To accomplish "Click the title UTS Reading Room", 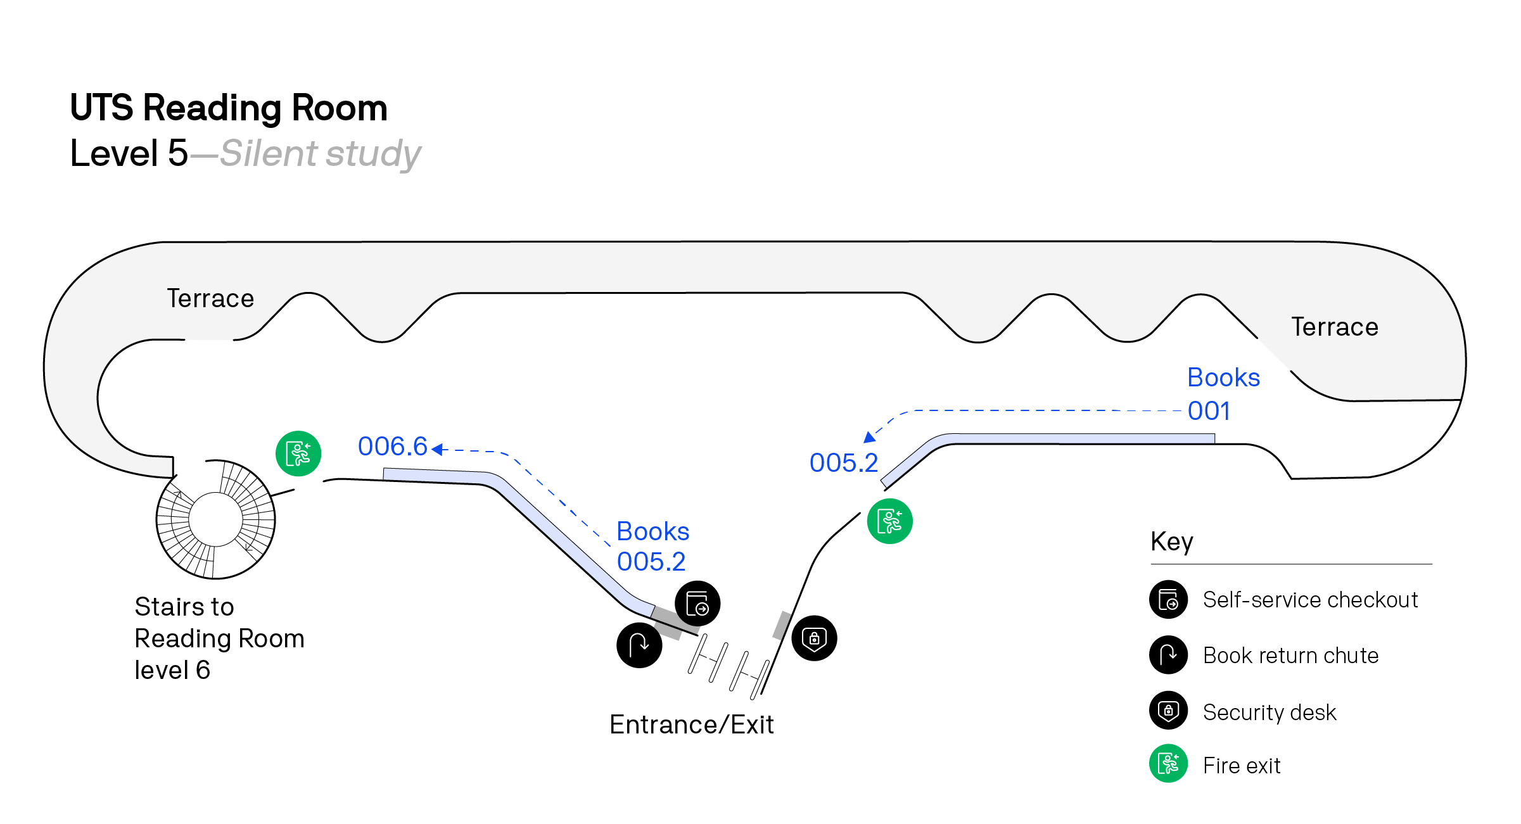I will pyautogui.click(x=229, y=108).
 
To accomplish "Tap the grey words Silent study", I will pyautogui.click(x=321, y=154).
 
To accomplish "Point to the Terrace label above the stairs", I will pyautogui.click(x=210, y=298).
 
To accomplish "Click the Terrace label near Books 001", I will pyautogui.click(x=1335, y=327).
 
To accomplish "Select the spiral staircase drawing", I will pyautogui.click(x=215, y=519).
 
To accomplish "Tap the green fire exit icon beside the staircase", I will pyautogui.click(x=298, y=453).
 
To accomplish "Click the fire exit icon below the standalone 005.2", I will pyautogui.click(x=889, y=521).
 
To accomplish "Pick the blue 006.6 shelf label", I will pyautogui.click(x=393, y=447).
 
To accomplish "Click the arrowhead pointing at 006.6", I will pyautogui.click(x=436, y=449).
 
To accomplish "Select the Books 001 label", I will pyautogui.click(x=1223, y=394).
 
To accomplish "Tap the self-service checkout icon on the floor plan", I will pyautogui.click(x=697, y=603).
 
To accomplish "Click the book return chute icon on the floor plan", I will pyautogui.click(x=639, y=645).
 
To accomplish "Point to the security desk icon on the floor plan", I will pyautogui.click(x=814, y=638).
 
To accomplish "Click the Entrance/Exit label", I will pyautogui.click(x=691, y=725).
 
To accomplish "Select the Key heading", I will pyautogui.click(x=1172, y=542).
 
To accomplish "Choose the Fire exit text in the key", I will pyautogui.click(x=1242, y=766).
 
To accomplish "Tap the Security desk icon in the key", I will pyautogui.click(x=1168, y=711).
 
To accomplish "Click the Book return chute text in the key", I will pyautogui.click(x=1290, y=656).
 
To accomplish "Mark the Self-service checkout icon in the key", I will pyautogui.click(x=1168, y=599).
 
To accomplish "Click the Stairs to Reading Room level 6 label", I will pyautogui.click(x=219, y=638).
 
